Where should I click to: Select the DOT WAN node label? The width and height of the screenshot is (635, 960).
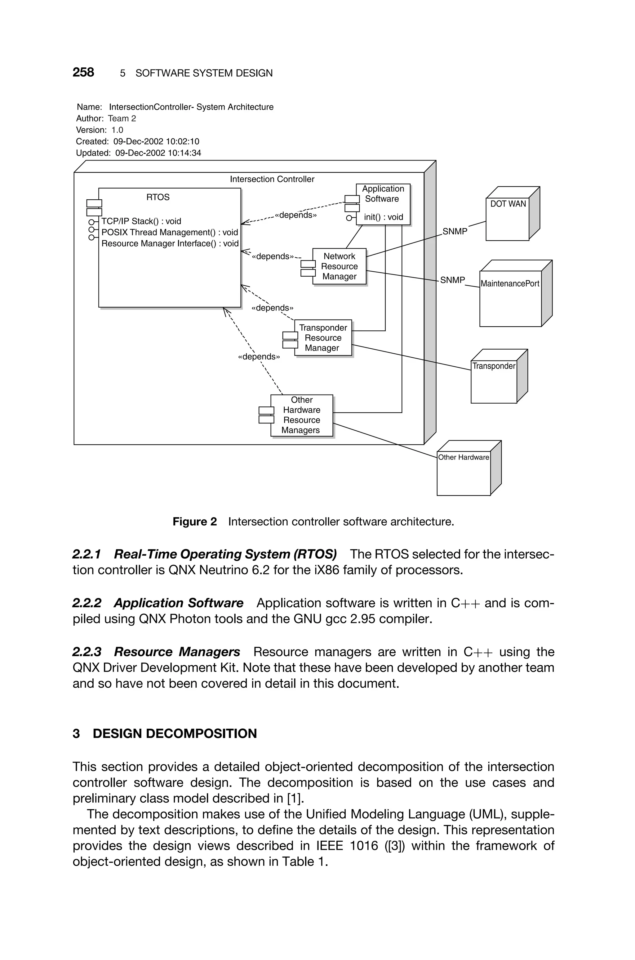[x=508, y=204]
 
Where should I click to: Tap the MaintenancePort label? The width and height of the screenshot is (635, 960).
[x=510, y=284]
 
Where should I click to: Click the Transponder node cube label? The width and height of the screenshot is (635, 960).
[x=494, y=366]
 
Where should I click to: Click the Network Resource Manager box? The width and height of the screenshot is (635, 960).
[x=340, y=266]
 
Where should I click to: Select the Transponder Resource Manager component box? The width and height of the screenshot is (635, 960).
[x=323, y=338]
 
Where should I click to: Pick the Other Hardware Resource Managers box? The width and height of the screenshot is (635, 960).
[x=302, y=415]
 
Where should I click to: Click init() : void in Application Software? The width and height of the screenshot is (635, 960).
[x=383, y=217]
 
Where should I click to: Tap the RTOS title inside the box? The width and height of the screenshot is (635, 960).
[x=158, y=197]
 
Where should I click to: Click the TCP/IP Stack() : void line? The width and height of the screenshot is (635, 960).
[x=141, y=221]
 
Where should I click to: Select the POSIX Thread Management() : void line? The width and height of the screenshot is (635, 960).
[x=169, y=232]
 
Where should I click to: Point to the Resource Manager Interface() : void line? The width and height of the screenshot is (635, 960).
[x=170, y=244]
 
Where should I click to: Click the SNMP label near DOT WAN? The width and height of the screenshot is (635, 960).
[x=455, y=232]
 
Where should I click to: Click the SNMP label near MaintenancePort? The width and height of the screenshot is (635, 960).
[x=452, y=280]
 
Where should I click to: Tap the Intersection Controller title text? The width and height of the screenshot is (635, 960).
[x=272, y=179]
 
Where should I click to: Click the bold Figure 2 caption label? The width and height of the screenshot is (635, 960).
[x=194, y=522]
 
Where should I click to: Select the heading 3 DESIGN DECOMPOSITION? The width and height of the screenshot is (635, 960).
[x=165, y=734]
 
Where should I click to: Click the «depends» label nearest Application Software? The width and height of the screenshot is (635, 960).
[x=295, y=215]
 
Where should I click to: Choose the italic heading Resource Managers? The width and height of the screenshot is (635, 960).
[x=177, y=652]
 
